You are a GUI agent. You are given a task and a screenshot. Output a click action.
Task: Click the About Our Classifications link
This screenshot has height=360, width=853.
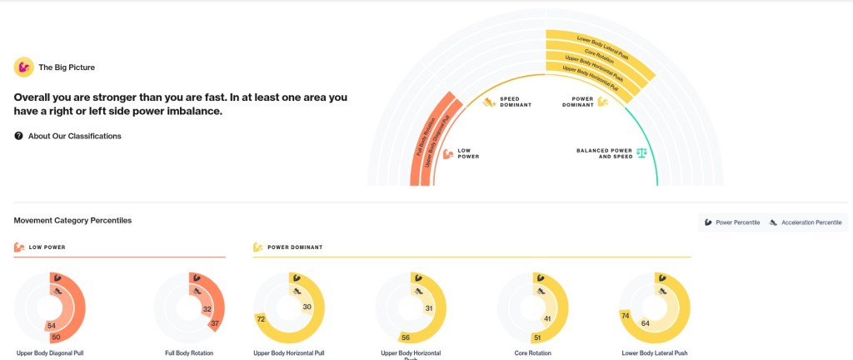(74, 136)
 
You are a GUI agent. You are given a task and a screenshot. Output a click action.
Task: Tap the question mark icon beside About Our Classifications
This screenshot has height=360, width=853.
(18, 136)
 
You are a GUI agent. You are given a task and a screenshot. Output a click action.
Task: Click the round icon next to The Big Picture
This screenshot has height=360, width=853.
(23, 67)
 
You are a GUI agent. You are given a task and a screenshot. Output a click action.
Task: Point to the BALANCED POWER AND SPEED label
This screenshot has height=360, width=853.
(605, 153)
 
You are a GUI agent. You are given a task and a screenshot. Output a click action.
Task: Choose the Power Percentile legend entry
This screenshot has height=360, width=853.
(732, 222)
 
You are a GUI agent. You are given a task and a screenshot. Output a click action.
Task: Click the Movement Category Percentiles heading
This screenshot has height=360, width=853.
(72, 220)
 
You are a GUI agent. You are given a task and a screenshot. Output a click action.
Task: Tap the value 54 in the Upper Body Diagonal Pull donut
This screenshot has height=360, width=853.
(52, 326)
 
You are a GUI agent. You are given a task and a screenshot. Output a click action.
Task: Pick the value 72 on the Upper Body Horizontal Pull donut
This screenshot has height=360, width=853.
(261, 319)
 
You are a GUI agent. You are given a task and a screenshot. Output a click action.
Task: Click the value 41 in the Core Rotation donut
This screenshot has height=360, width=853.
(548, 318)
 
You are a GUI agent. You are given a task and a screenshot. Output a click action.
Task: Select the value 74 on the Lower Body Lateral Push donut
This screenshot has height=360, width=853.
(625, 316)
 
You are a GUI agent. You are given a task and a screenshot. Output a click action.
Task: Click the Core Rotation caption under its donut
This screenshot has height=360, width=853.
(533, 353)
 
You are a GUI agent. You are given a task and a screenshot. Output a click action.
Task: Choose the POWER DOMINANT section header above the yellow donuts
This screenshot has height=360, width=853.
(294, 247)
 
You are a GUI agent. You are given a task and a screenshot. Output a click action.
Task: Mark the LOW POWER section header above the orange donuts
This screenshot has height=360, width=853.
(47, 247)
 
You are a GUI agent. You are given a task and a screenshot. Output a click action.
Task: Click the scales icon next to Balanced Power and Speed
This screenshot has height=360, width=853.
(641, 153)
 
